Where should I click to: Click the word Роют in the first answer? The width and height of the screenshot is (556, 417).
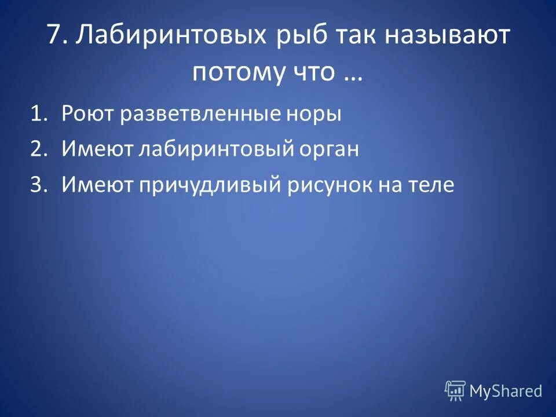click(x=88, y=114)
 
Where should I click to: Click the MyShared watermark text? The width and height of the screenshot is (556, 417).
click(x=506, y=391)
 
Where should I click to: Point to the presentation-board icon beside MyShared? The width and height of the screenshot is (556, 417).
click(x=455, y=391)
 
